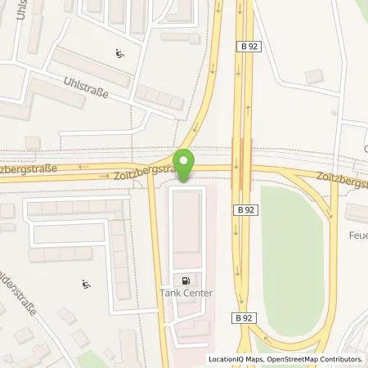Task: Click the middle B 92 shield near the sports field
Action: pos(242,209)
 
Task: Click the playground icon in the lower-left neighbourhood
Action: pos(86,285)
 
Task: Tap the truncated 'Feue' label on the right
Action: pos(357,234)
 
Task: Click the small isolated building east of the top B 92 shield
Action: pos(312,76)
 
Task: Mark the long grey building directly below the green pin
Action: pos(186,220)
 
